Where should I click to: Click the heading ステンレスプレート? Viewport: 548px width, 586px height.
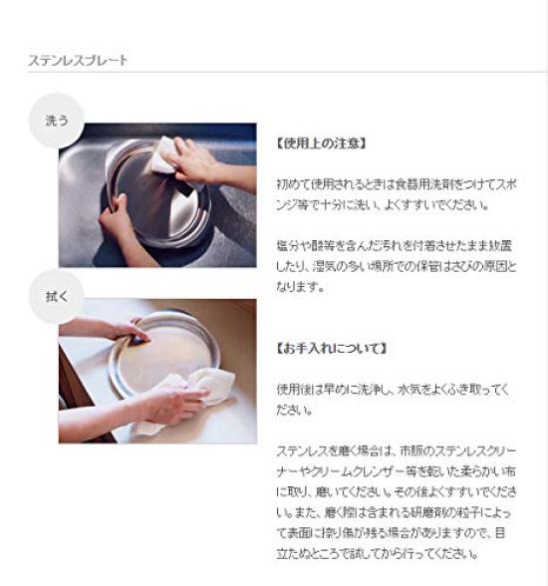coord(78,61)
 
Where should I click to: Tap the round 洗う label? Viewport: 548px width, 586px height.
coord(57,121)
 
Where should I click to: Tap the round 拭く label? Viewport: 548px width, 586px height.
coord(57,296)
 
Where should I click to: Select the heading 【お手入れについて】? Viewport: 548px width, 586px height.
coord(331,349)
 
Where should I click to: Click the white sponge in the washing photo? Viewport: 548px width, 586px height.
coord(163,154)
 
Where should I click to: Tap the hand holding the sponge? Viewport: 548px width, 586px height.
coord(194,159)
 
